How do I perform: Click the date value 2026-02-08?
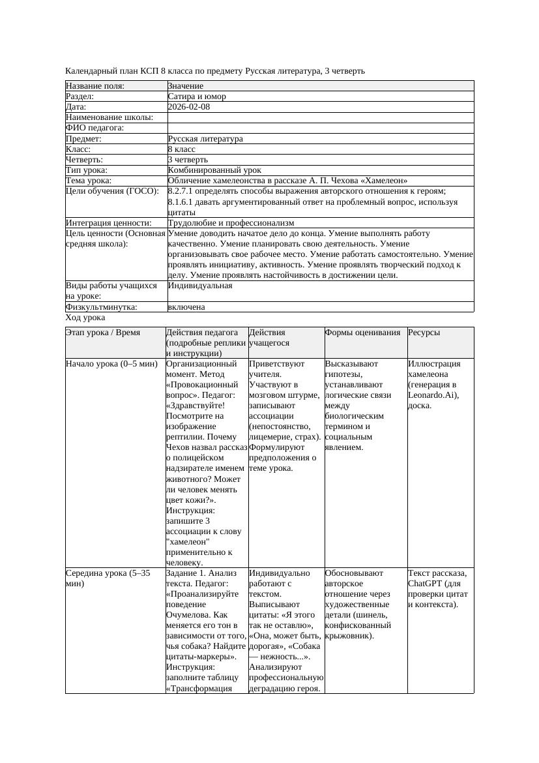(x=189, y=107)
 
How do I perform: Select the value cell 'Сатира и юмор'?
(x=197, y=97)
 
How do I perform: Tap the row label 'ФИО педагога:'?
(x=95, y=128)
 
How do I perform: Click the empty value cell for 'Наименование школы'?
(x=319, y=117)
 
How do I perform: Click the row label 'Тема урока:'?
(x=89, y=180)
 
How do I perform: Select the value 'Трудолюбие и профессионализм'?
(x=231, y=223)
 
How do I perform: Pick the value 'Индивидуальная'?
(x=200, y=286)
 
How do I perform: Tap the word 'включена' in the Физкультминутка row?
(x=186, y=307)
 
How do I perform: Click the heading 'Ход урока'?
(x=85, y=318)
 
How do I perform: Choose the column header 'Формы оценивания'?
(x=362, y=333)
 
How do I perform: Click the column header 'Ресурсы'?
(x=424, y=333)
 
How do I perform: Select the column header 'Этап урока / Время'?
(x=103, y=333)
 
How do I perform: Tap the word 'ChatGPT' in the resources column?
(x=425, y=584)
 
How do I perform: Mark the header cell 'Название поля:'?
(x=95, y=86)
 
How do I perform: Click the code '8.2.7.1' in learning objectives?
(x=182, y=191)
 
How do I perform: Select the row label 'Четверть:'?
(x=85, y=159)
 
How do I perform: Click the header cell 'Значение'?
(x=186, y=86)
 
